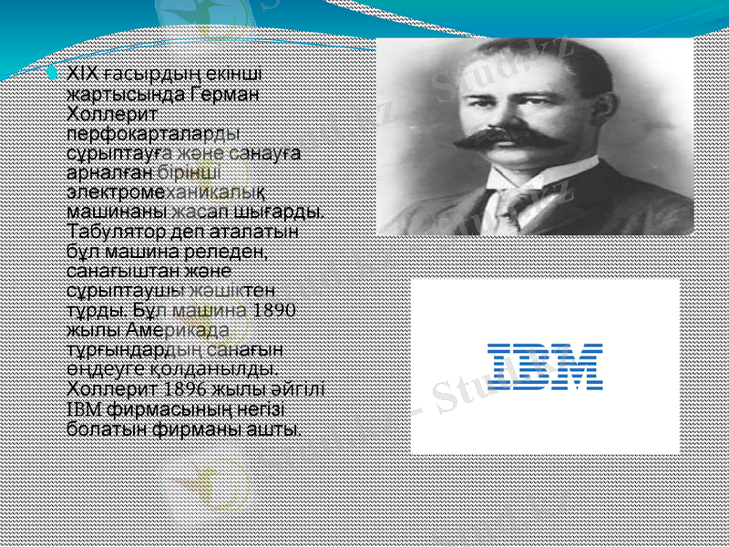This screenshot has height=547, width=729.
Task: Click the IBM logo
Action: pyautogui.click(x=545, y=366)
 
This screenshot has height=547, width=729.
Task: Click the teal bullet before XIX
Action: pyautogui.click(x=56, y=70)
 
